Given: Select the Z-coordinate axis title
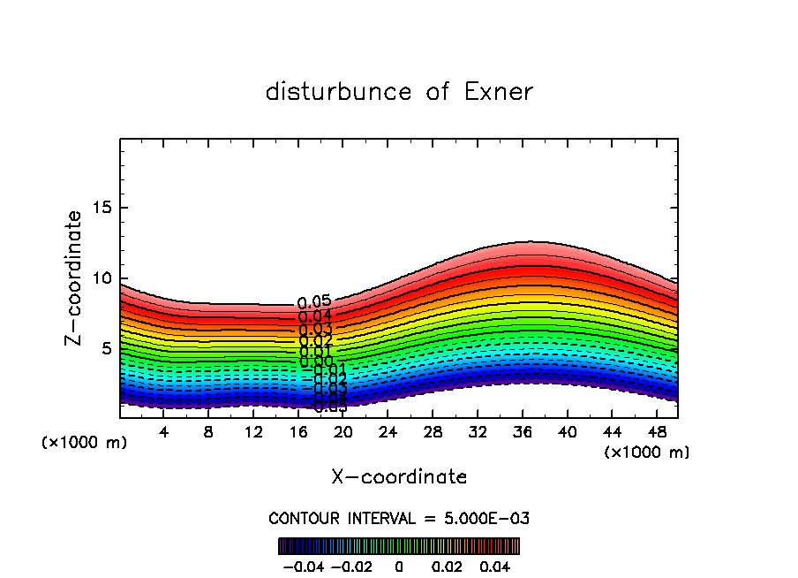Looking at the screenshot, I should (75, 278).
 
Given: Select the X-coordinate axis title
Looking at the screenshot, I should (399, 477).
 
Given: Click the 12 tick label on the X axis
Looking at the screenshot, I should (253, 433).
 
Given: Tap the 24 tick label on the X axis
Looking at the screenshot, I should (388, 433).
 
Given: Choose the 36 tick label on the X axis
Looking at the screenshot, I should (522, 433).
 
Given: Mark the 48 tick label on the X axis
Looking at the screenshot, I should (656, 433).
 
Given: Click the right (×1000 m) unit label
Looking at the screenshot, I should (647, 453).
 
